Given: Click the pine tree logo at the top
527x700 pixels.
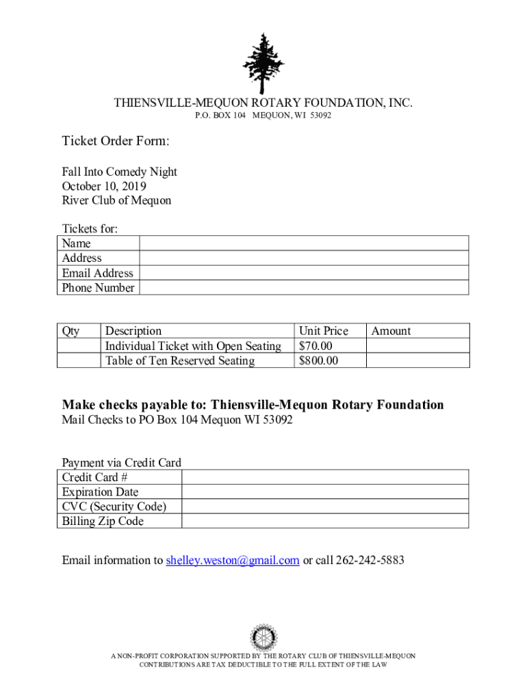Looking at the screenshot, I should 263,63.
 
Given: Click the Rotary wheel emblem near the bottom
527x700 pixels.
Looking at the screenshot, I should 263,637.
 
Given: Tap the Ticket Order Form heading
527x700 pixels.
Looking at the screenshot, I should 116,142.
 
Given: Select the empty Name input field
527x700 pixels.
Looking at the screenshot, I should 304,243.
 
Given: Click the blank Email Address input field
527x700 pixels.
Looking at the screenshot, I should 304,273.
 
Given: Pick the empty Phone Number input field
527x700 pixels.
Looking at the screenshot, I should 304,288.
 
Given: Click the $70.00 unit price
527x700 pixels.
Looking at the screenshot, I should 316,346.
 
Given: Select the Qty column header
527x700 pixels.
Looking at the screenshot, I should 70,331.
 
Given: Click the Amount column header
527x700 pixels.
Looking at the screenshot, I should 391,331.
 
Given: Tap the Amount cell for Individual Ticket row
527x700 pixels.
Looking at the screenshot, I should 417,346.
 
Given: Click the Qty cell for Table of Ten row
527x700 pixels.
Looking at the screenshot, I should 79,361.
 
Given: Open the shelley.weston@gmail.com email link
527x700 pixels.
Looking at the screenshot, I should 233,561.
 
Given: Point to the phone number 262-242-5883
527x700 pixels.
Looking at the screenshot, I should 370,561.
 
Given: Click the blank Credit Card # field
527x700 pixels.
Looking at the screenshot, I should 324,477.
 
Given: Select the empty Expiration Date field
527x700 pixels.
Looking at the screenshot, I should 324,492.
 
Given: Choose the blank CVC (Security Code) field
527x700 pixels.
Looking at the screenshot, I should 324,507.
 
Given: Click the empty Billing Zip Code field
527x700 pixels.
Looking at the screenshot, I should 324,522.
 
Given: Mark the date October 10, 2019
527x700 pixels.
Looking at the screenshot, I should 104,186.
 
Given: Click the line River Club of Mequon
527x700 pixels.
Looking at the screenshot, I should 116,200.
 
